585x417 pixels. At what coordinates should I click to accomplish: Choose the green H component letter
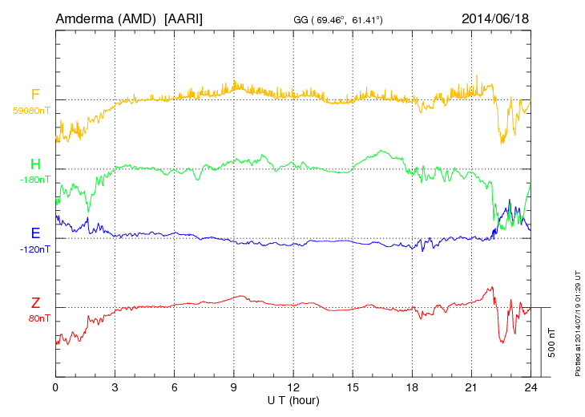click(35, 164)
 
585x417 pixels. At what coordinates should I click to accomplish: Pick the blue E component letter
click(35, 233)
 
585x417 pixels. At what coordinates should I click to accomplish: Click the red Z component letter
click(35, 302)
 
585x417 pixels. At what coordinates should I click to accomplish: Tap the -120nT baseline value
click(34, 249)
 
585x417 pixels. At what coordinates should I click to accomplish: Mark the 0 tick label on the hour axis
click(55, 387)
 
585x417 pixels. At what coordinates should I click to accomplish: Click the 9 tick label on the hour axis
click(233, 387)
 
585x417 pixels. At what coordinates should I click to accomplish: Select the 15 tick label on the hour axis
click(352, 387)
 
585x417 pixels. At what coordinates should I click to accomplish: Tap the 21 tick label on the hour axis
click(470, 387)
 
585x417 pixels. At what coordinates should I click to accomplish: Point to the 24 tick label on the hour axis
click(530, 387)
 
